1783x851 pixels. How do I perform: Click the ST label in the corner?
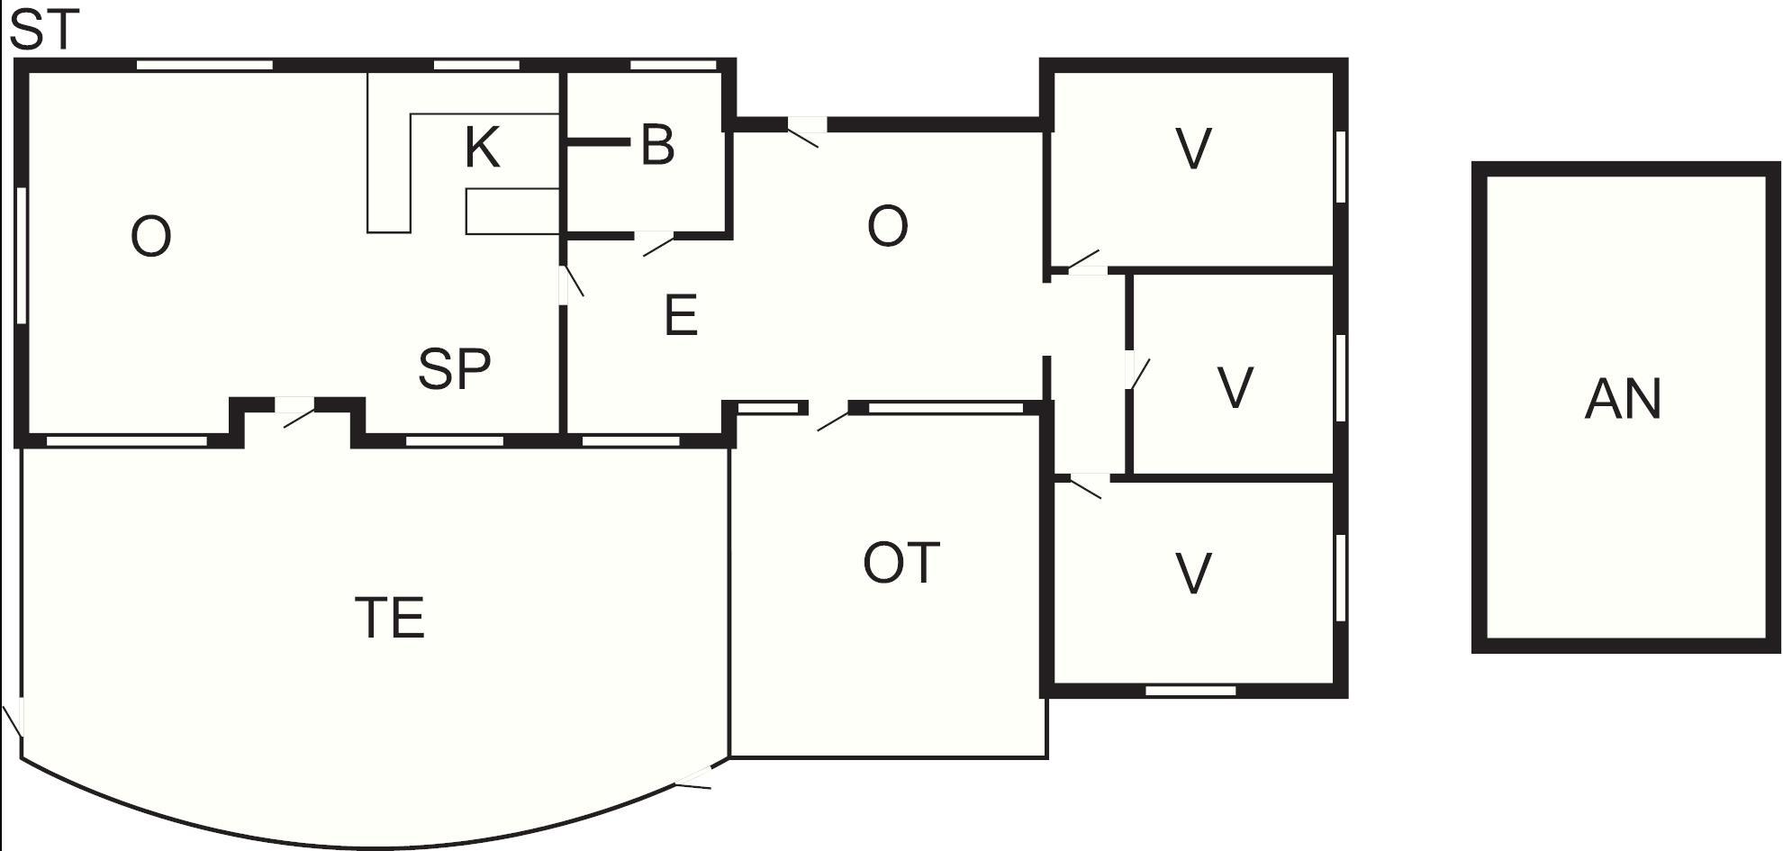pyautogui.click(x=44, y=29)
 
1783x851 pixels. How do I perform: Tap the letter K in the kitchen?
pyautogui.click(x=483, y=148)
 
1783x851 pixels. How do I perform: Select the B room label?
pyautogui.click(x=657, y=144)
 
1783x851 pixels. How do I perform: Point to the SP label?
pyautogui.click(x=455, y=368)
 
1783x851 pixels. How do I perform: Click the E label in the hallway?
pyautogui.click(x=681, y=316)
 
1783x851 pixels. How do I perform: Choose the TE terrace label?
pyautogui.click(x=390, y=618)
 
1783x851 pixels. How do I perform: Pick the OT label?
pyautogui.click(x=901, y=563)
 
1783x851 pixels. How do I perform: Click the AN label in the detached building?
pyautogui.click(x=1623, y=399)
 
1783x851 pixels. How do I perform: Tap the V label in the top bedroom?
pyautogui.click(x=1194, y=149)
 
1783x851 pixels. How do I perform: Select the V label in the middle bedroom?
pyautogui.click(x=1235, y=388)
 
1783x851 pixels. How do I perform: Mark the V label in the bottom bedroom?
pyautogui.click(x=1194, y=573)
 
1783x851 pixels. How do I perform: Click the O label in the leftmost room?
pyautogui.click(x=150, y=238)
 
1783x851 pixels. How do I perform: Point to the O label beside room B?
pyautogui.click(x=887, y=226)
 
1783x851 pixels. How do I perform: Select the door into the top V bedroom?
pyautogui.click(x=1084, y=262)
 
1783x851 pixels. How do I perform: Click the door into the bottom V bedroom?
pyautogui.click(x=1084, y=485)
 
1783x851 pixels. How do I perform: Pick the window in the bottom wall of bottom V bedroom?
pyautogui.click(x=1190, y=691)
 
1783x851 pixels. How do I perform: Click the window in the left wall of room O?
pyautogui.click(x=23, y=255)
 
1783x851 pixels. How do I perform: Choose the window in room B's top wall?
pyautogui.click(x=673, y=65)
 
